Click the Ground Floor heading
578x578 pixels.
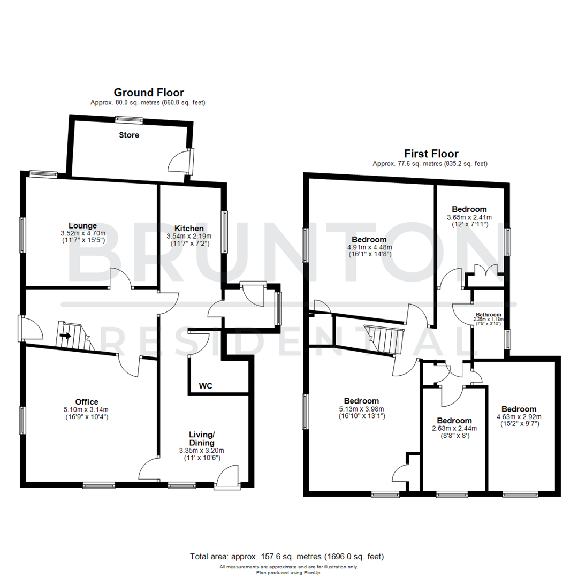pyautogui.click(x=149, y=93)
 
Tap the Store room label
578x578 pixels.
pyautogui.click(x=129, y=135)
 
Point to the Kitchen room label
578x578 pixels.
pyautogui.click(x=189, y=228)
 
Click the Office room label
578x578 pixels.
pyautogui.click(x=86, y=401)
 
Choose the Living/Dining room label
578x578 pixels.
pyautogui.click(x=201, y=439)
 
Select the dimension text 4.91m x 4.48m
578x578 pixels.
pyautogui.click(x=369, y=247)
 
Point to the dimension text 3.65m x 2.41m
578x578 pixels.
pyautogui.click(x=469, y=217)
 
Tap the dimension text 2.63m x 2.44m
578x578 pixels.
pyautogui.click(x=454, y=428)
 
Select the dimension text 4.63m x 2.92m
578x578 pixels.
pyautogui.click(x=519, y=417)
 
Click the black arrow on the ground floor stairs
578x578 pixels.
pyautogui.click(x=65, y=336)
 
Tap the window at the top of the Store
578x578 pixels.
pyautogui.click(x=130, y=119)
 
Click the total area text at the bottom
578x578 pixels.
pyautogui.click(x=287, y=557)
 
